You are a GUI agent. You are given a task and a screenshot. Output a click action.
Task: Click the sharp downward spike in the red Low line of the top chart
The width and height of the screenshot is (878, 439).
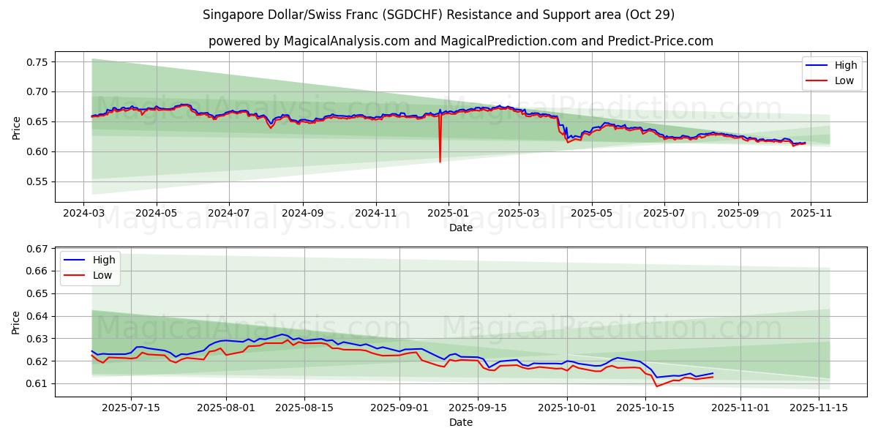(440, 160)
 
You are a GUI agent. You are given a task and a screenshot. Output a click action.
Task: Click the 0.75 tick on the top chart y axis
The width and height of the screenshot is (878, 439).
(37, 62)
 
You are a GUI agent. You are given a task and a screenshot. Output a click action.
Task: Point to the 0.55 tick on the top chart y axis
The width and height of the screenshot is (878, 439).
(37, 181)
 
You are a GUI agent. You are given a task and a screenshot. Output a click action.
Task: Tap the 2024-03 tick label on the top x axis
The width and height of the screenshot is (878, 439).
(84, 213)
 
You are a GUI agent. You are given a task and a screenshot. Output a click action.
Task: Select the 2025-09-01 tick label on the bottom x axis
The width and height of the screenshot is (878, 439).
(399, 408)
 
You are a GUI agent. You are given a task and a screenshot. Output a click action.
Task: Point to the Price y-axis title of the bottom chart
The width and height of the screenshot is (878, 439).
(16, 321)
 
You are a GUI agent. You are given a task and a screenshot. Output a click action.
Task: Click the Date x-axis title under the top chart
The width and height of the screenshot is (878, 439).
(461, 228)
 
